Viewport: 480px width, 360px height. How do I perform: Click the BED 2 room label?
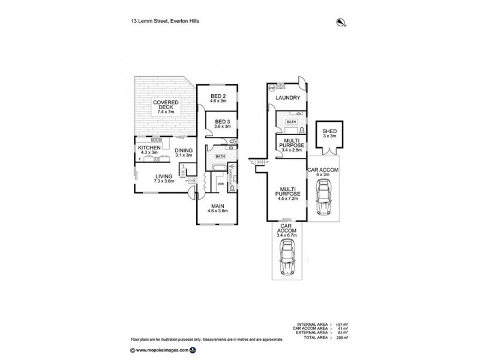click(x=218, y=97)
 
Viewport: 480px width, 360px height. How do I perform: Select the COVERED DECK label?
click(x=160, y=106)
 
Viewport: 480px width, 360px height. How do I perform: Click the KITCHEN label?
click(x=149, y=148)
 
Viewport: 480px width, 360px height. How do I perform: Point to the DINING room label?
click(x=184, y=151)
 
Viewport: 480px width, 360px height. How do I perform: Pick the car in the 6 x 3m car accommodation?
click(x=324, y=199)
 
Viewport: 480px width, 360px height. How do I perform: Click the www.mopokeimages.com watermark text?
click(x=161, y=350)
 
